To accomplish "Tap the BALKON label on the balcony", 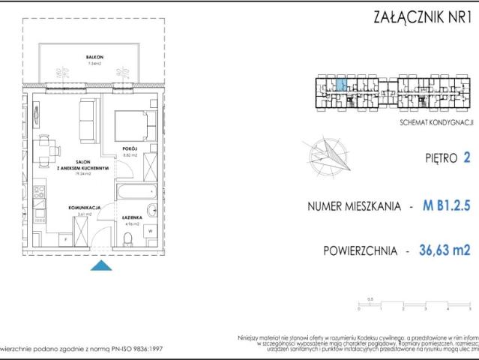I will pyautogui.click(x=94, y=58).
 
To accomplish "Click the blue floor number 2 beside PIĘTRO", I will pyautogui.click(x=467, y=157).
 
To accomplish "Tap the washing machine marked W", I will pyautogui.click(x=151, y=232).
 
